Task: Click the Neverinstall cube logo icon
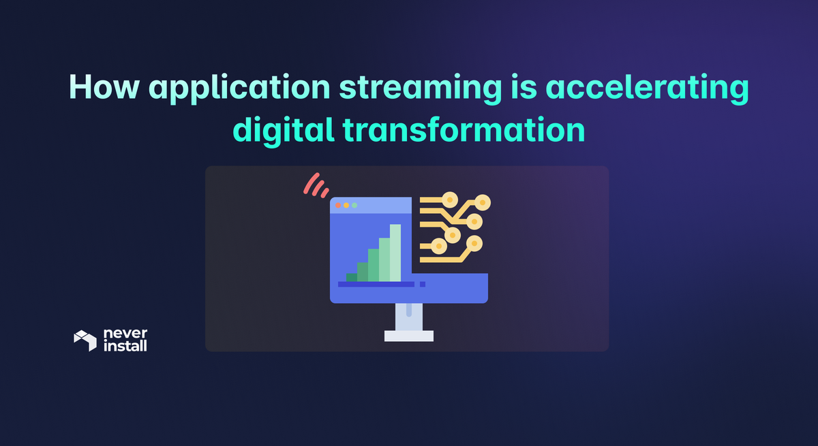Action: coord(85,340)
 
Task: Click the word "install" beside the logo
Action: coord(125,346)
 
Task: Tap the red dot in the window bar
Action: coord(338,205)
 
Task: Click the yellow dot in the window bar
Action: coord(346,205)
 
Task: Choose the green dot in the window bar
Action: coord(354,205)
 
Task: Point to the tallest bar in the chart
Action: coord(395,252)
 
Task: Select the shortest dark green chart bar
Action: coord(352,277)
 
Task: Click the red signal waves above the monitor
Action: coord(316,185)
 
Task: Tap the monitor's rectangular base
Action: coord(409,335)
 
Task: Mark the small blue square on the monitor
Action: coord(423,284)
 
